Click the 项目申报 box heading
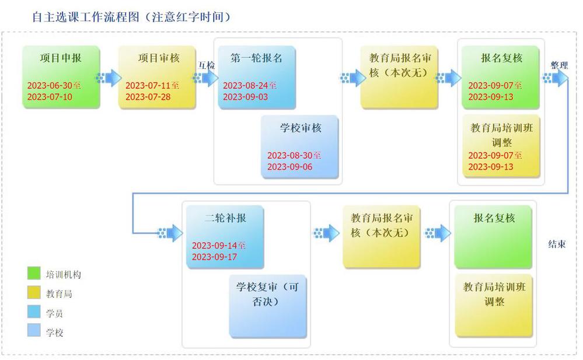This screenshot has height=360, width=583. coord(61,58)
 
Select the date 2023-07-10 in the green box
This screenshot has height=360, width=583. coord(50,97)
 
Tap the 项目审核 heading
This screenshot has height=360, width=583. coord(159,58)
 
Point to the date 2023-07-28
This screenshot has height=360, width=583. coord(148,97)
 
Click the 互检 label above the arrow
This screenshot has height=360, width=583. coord(207,65)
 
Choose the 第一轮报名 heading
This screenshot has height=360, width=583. coord(256,58)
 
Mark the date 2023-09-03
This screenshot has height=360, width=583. coord(245,97)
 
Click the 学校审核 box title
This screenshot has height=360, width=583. coord(301,128)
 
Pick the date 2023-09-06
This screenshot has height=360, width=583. coord(289,167)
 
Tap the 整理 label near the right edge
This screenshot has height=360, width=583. coord(559,65)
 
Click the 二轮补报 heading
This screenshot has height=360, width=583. coord(225,218)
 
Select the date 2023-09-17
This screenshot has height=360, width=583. coord(215,257)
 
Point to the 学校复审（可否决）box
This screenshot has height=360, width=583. coord(268,306)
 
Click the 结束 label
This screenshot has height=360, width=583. coord(557,244)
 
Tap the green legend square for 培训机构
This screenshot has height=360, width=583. coord(34,273)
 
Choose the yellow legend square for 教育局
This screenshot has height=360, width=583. coord(34,292)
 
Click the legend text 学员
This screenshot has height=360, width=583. coord(54,313)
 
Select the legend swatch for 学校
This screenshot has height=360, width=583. coord(34,330)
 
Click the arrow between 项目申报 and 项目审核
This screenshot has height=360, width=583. coord(109,78)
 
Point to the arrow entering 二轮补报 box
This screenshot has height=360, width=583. coord(170,233)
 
